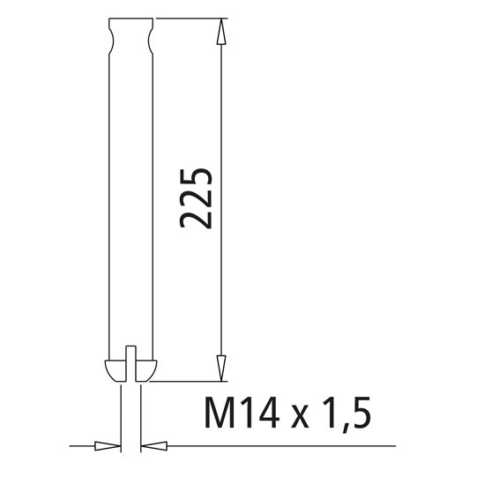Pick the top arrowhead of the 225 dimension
(221, 32)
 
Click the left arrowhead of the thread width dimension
(107, 445)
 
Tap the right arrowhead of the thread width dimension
(153, 445)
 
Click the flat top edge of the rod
(130, 19)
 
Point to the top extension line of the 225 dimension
(194, 19)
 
